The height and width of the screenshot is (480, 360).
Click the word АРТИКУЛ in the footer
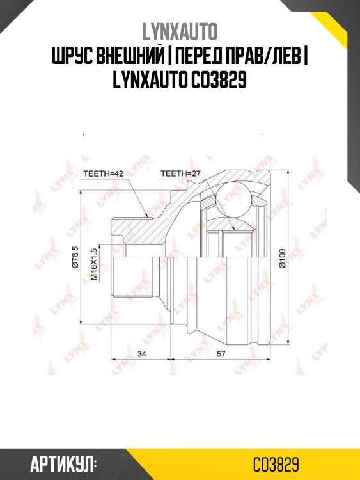click(x=63, y=463)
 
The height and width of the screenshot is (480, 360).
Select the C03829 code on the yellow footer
click(x=276, y=463)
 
